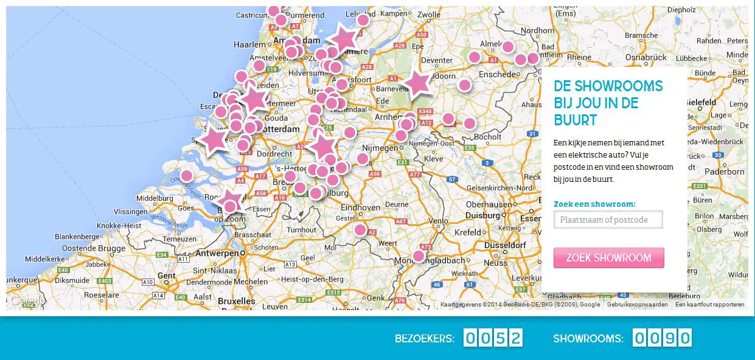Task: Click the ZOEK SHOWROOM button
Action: click(x=608, y=258)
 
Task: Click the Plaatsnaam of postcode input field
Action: click(x=608, y=220)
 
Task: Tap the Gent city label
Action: click(x=166, y=275)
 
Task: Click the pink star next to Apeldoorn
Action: click(x=417, y=83)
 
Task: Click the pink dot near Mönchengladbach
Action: click(x=418, y=256)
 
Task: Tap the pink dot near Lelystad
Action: click(x=363, y=20)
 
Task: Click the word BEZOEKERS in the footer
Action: click(x=424, y=339)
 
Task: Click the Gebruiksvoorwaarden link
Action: click(x=637, y=305)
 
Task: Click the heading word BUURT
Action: click(x=575, y=119)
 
